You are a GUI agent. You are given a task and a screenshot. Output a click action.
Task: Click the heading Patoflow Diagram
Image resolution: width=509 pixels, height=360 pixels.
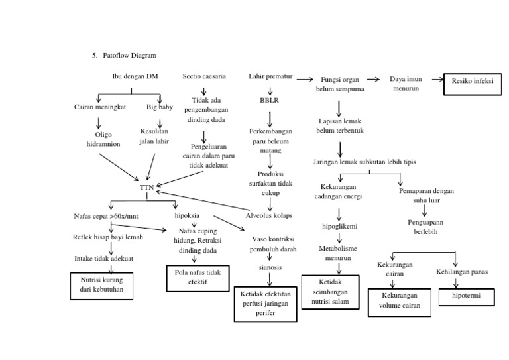pyautogui.click(x=130, y=56)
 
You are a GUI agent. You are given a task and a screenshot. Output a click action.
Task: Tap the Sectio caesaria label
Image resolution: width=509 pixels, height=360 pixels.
pyautogui.click(x=204, y=77)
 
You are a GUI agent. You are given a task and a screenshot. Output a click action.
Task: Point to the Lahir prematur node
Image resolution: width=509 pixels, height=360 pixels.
pyautogui.click(x=270, y=77)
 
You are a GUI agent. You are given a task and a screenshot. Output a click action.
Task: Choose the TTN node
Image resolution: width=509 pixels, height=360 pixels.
pyautogui.click(x=146, y=188)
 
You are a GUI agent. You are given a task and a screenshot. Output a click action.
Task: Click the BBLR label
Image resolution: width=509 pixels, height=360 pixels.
pyautogui.click(x=270, y=101)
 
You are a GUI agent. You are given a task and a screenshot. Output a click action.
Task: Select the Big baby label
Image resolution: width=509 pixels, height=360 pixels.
pyautogui.click(x=159, y=107)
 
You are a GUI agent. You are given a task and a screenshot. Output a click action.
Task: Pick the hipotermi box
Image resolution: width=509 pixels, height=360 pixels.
pyautogui.click(x=466, y=296)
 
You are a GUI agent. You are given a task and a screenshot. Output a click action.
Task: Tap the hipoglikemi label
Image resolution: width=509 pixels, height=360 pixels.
pyautogui.click(x=339, y=227)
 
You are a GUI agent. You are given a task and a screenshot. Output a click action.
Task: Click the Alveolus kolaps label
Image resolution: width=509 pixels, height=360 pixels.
pyautogui.click(x=269, y=216)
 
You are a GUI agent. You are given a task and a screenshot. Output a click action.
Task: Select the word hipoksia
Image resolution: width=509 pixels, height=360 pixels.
pyautogui.click(x=186, y=216)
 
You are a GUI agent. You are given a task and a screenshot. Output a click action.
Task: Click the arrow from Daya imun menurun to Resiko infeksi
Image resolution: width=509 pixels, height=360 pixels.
pyautogui.click(x=432, y=80)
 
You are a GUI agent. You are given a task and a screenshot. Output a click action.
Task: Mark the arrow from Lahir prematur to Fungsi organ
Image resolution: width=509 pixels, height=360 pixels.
pyautogui.click(x=304, y=79)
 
